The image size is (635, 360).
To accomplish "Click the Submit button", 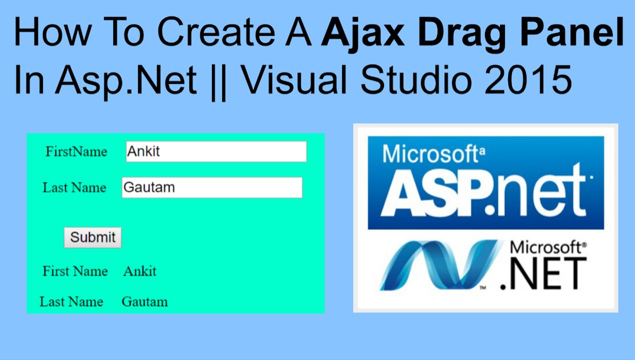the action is click(x=92, y=237).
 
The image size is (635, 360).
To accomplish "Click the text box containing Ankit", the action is click(x=216, y=151).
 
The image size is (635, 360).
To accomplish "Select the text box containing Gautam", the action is click(x=212, y=187).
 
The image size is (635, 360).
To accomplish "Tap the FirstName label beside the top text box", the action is click(x=76, y=151).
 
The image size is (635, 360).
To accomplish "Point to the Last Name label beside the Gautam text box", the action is click(x=74, y=187).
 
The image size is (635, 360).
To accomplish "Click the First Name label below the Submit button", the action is click(x=75, y=271).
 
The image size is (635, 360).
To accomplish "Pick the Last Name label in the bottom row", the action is click(x=71, y=301).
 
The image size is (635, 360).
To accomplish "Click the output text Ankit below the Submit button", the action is click(x=140, y=271).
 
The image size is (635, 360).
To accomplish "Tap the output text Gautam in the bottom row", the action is click(x=145, y=301).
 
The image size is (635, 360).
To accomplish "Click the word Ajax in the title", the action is click(x=362, y=33).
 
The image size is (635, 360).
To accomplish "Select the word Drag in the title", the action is click(x=462, y=34).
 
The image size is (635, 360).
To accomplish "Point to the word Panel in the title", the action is click(x=572, y=31).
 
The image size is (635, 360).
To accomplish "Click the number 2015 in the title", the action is click(x=528, y=79).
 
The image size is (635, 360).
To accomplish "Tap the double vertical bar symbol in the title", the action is click(x=219, y=81).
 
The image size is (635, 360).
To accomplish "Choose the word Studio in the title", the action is click(x=416, y=79).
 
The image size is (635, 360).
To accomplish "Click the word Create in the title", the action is click(x=216, y=31).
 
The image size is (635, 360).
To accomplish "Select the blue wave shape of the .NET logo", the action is click(x=441, y=265).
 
